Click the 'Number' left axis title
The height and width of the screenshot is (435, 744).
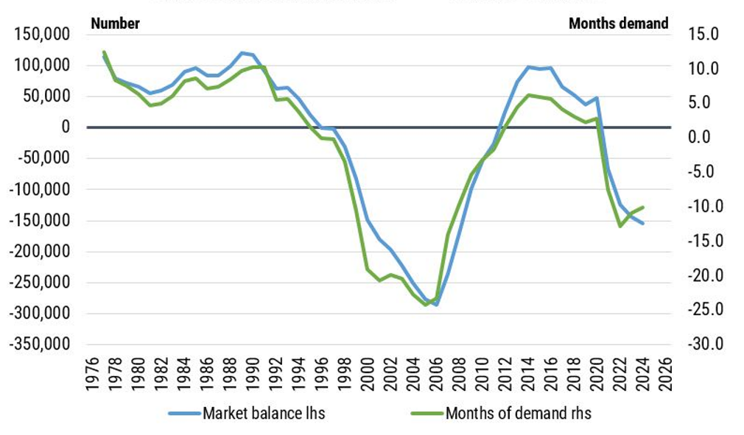coord(115,24)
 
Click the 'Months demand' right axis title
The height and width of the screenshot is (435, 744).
coord(619,24)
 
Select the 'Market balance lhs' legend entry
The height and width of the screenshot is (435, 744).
coord(264,413)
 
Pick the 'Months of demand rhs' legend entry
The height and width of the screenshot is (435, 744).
coord(518,413)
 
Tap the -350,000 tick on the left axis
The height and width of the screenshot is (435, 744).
coord(43,344)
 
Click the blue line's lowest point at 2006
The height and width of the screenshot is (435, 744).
coord(436,305)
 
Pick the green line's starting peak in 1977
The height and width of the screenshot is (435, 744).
coord(104,52)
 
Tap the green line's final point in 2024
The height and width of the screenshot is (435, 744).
coord(643,207)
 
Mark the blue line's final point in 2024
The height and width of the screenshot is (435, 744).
coord(643,223)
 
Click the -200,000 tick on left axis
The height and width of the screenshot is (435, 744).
coord(43,252)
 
